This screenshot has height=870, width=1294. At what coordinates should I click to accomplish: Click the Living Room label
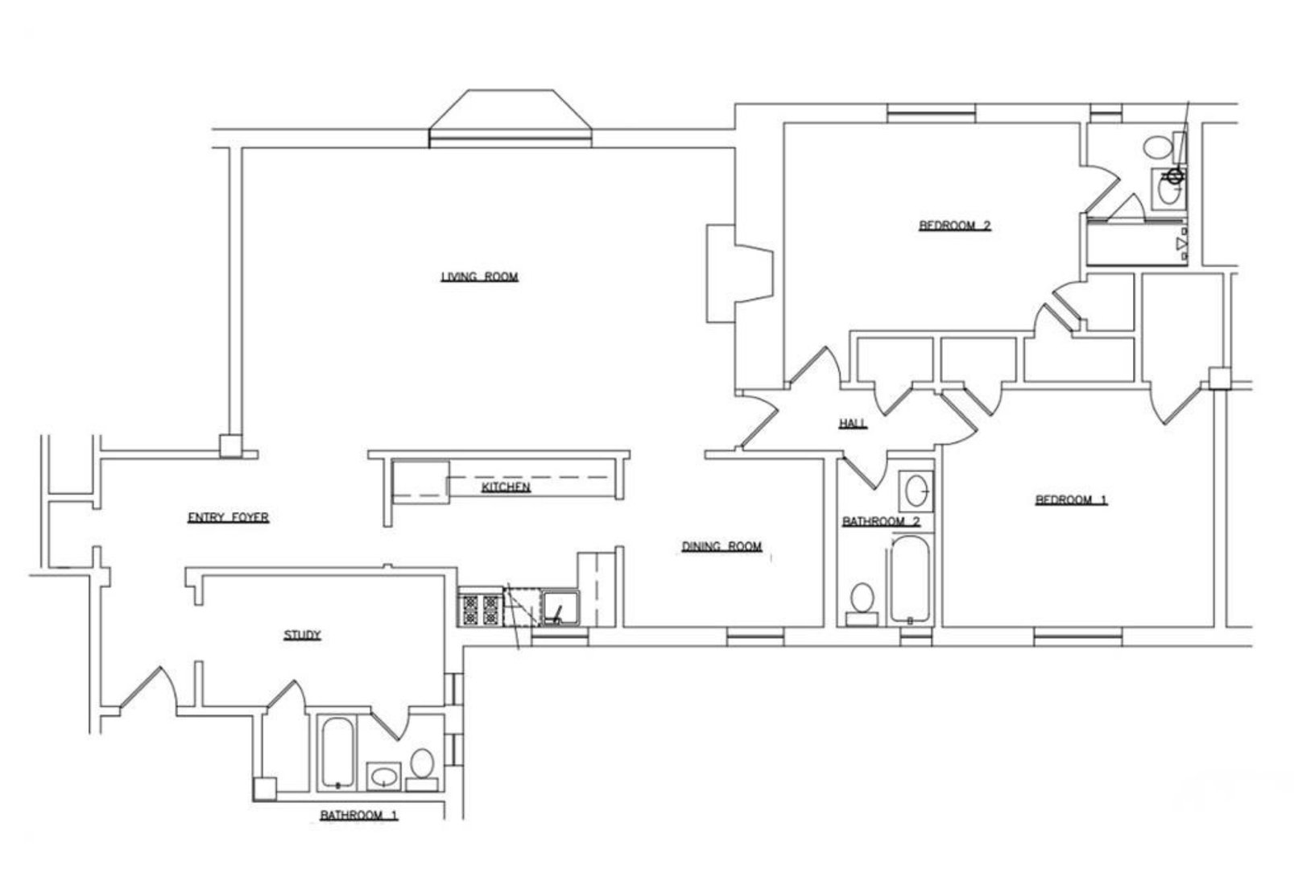coord(479,277)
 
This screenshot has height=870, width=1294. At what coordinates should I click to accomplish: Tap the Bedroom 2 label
coord(954,226)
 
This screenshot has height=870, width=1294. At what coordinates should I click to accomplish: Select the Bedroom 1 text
coord(1070,500)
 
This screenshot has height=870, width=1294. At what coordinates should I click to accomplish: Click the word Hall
coord(853,424)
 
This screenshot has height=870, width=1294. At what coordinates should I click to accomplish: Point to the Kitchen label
coord(506,488)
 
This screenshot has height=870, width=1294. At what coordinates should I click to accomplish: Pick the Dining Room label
coord(721,546)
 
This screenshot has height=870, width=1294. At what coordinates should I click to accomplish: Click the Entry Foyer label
coord(228,518)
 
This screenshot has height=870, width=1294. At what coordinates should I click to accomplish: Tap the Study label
coord(302,636)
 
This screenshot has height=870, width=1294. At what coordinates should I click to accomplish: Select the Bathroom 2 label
coord(881,522)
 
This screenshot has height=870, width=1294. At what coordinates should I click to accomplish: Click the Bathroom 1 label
coord(359,815)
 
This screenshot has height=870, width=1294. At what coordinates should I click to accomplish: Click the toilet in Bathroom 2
coord(862,601)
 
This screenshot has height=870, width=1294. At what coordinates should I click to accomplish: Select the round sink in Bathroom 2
coord(916,489)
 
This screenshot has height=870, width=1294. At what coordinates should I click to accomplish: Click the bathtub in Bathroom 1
coord(337,752)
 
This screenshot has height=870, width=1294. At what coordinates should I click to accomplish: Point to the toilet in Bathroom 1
coord(422,765)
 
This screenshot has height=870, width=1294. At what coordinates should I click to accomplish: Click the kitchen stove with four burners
coord(479,609)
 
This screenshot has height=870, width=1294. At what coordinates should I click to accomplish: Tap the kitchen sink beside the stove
coord(560,608)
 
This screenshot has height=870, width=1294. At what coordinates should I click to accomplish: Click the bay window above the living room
coord(511,119)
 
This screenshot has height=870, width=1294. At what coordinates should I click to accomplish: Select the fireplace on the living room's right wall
coord(739,274)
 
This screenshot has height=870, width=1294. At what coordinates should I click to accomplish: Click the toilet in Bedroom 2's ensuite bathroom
coord(1158,148)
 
